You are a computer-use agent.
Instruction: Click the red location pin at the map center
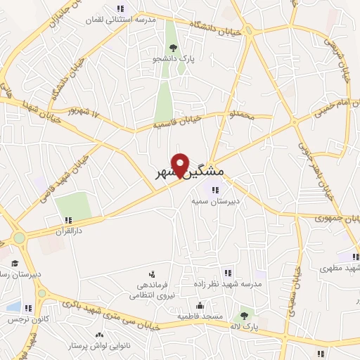click(x=181, y=165)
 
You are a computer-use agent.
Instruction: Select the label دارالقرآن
click(x=69, y=231)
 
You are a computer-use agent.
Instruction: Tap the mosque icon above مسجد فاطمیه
click(x=200, y=305)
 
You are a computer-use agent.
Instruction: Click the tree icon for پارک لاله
click(x=243, y=316)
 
